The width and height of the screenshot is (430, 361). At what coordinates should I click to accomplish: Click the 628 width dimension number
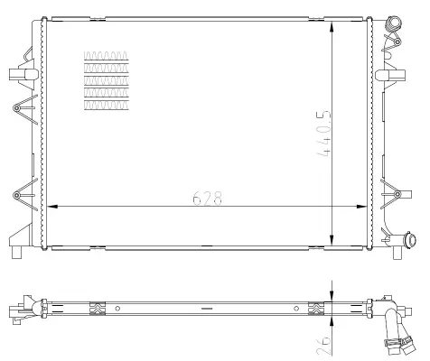[x=207, y=198]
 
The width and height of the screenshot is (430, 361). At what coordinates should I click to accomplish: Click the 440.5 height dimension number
[x=323, y=134]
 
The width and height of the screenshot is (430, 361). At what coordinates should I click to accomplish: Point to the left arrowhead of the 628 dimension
[x=52, y=207]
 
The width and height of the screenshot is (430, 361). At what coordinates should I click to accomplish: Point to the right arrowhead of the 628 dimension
[x=361, y=207]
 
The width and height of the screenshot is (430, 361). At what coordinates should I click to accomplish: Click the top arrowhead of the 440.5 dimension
[x=332, y=27]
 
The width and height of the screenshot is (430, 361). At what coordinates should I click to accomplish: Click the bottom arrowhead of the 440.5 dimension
[x=332, y=240]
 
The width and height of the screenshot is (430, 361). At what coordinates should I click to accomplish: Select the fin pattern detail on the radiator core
[x=107, y=80]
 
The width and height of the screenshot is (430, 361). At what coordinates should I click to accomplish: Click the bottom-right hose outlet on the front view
[x=410, y=240]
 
